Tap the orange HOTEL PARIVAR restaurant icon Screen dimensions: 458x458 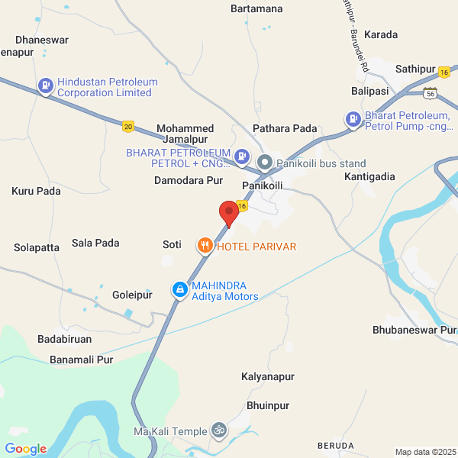[x=205, y=246]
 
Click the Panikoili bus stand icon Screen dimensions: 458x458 [x=265, y=163]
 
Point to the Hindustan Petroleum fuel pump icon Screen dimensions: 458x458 [x=46, y=86]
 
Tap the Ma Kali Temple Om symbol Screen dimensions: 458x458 [x=219, y=431]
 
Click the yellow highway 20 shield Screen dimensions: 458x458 [x=127, y=126]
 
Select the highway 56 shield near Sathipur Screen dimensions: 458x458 [x=431, y=93]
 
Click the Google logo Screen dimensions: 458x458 [x=25, y=449]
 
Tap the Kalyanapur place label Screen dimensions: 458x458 [x=267, y=377]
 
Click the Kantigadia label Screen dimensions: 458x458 [x=370, y=176]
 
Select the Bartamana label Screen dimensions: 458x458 [x=256, y=9]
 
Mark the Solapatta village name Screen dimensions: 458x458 [x=37, y=247]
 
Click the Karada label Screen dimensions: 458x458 [x=381, y=35]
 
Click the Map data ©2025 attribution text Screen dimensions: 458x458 [x=424, y=452]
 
